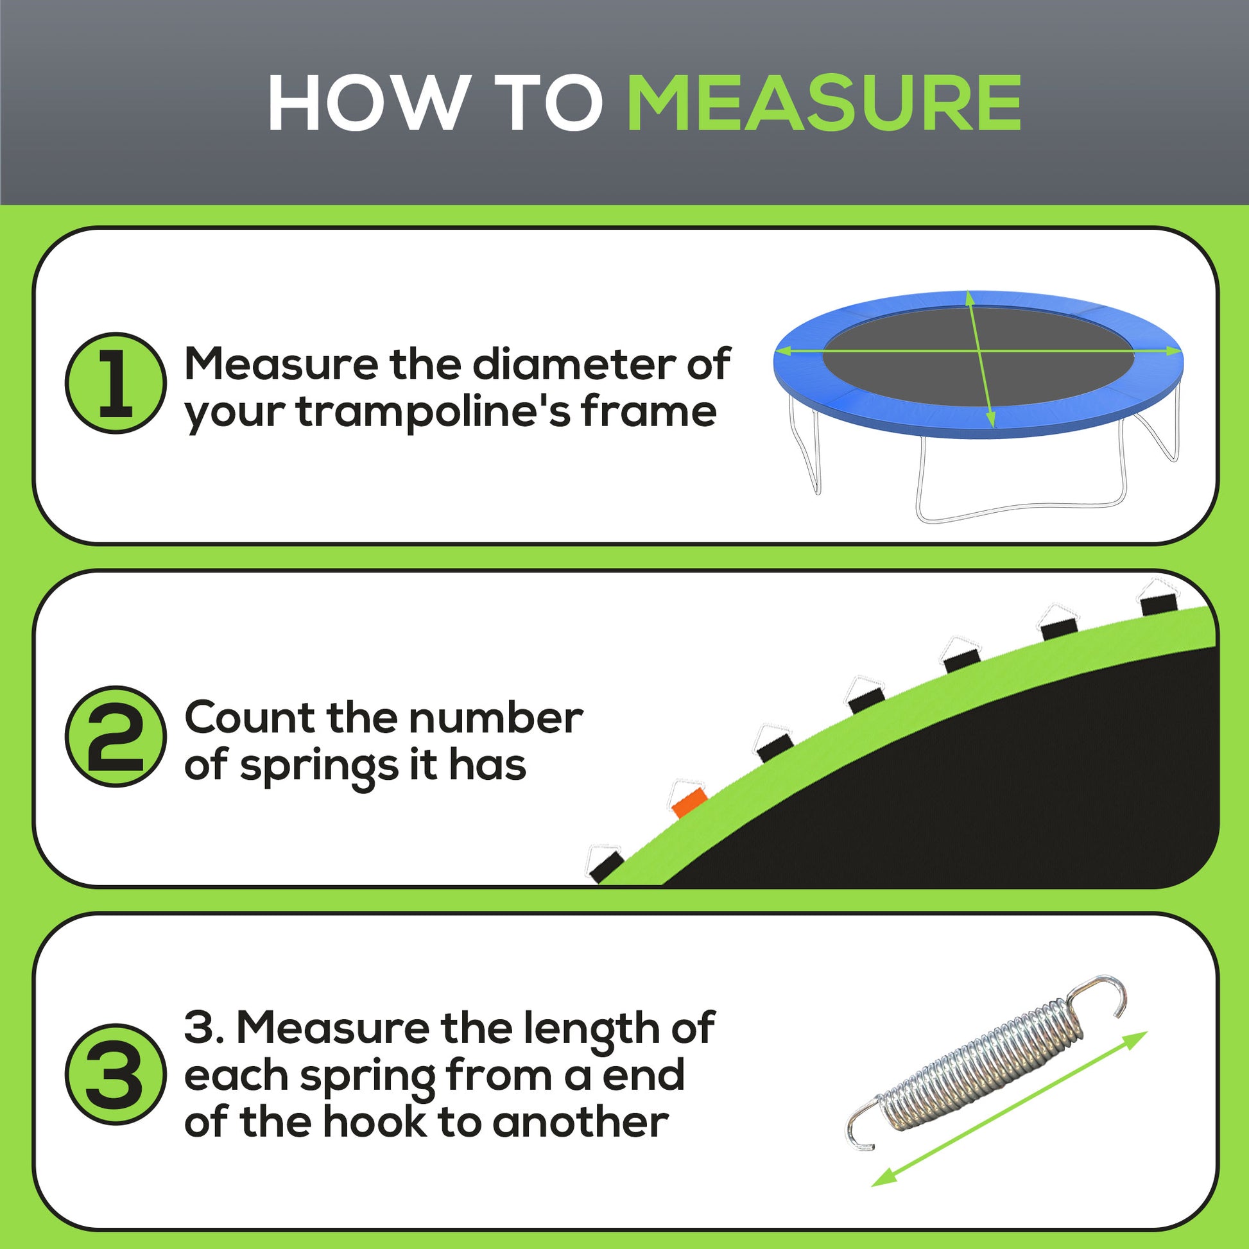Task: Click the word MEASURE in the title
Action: pos(823,103)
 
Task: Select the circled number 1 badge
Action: pos(116,383)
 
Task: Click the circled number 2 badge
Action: pos(116,736)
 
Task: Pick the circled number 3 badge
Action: pos(116,1074)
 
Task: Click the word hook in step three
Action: pos(374,1123)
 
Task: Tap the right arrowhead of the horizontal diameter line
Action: pos(1173,351)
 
